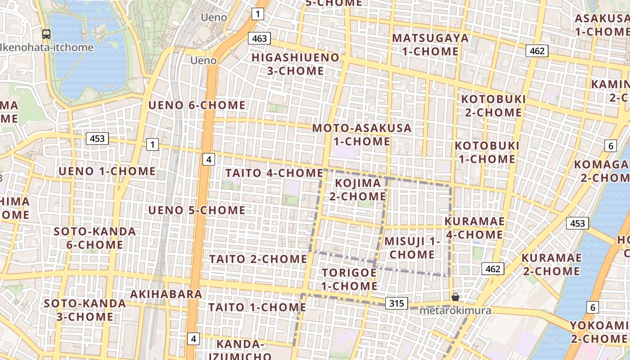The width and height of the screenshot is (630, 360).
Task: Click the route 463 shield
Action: (x=259, y=39)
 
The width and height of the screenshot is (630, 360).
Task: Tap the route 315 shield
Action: (x=396, y=303)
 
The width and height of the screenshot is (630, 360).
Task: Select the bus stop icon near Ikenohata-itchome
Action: (x=46, y=34)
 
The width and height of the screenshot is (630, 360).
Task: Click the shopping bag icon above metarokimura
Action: (x=455, y=297)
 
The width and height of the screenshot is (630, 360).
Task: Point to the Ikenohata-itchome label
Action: (x=47, y=47)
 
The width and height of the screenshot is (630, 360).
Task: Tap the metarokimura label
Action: (x=455, y=310)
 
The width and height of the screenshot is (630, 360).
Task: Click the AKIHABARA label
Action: (x=166, y=294)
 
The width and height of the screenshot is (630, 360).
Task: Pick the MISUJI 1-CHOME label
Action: (x=412, y=248)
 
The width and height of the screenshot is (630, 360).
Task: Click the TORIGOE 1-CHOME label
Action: (x=349, y=279)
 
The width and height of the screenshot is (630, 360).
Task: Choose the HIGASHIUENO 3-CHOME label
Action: (x=295, y=64)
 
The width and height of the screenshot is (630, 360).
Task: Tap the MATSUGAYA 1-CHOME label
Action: (x=430, y=45)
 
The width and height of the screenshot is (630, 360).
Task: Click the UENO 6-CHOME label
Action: (x=197, y=106)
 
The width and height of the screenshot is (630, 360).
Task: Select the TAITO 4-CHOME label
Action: (x=274, y=173)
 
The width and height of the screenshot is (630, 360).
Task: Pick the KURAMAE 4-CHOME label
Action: (x=474, y=228)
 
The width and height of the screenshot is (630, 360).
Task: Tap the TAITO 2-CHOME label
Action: (x=258, y=259)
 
